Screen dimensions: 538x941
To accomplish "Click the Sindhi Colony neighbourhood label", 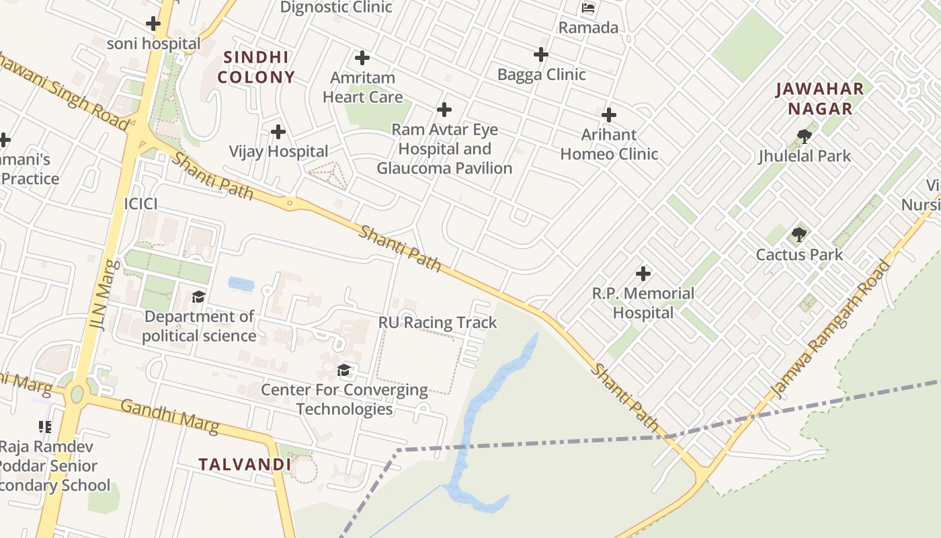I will (x=256, y=67).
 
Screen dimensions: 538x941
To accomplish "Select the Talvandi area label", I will (x=245, y=464).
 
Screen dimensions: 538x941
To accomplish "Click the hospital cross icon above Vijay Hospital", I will (x=278, y=132).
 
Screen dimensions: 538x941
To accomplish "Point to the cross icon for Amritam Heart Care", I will (x=362, y=58).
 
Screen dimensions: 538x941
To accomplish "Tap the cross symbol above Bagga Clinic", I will (x=541, y=54).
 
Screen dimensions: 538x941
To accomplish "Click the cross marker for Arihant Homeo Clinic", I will (x=609, y=115).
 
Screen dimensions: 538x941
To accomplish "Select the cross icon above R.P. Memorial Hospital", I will (x=643, y=274).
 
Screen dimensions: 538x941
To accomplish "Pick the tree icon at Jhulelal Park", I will (x=804, y=137).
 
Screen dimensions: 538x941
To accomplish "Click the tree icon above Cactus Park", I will (x=799, y=235).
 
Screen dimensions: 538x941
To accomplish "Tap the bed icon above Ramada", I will (x=588, y=9).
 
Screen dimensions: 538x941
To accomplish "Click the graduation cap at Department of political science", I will (x=198, y=297).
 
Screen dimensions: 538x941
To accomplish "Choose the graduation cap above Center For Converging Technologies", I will (x=344, y=370).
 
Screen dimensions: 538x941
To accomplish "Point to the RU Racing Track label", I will (x=438, y=322).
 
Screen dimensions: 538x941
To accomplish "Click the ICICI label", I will (x=140, y=203).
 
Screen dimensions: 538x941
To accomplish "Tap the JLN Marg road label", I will (x=104, y=295).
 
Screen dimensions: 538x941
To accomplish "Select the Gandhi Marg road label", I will (x=169, y=415).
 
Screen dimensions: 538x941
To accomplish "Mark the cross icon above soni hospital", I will (x=153, y=24).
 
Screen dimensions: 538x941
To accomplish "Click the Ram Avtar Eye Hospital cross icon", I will (x=444, y=109).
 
